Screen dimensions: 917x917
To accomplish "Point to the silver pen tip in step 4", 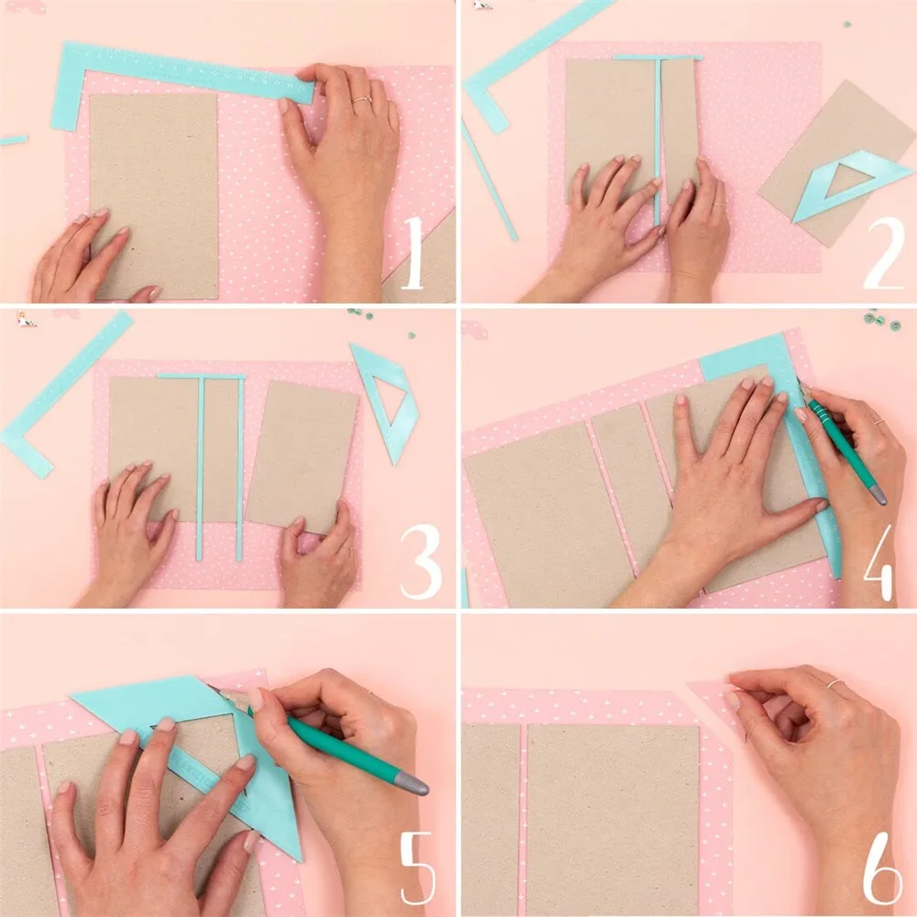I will (878, 495).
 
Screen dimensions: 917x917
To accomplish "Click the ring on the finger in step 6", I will (834, 684).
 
